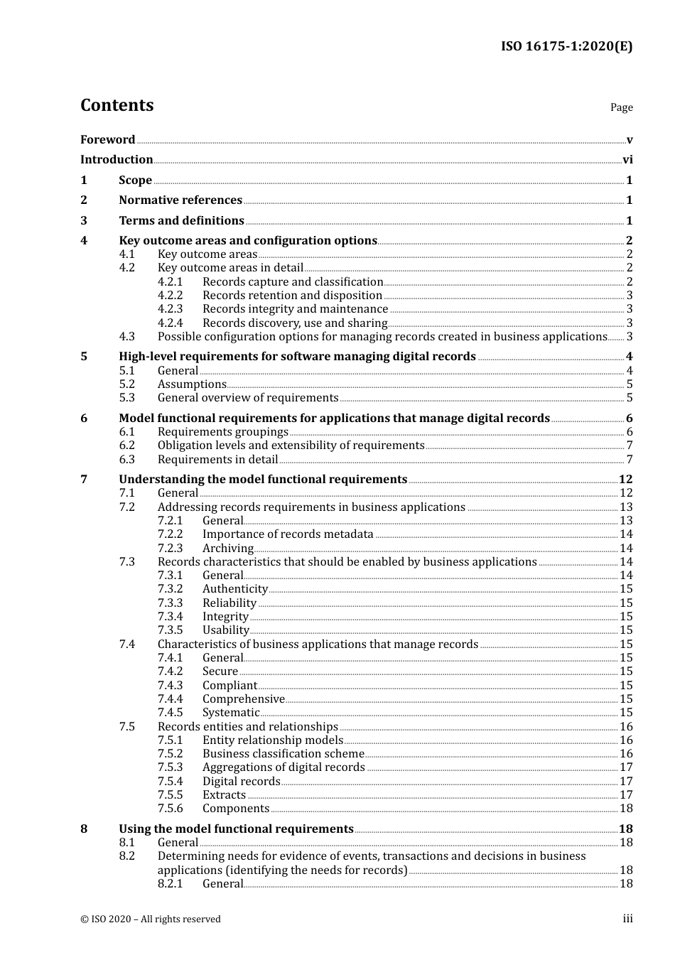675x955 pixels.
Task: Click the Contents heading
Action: tap(117, 105)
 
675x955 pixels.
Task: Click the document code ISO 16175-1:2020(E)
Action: tap(566, 47)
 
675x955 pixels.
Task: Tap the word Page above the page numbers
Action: tap(621, 107)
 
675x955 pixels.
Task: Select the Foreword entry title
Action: tap(107, 140)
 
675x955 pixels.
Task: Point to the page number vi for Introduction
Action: tap(627, 160)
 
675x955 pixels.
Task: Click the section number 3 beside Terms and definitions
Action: tap(84, 221)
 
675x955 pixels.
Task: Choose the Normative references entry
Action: tap(180, 200)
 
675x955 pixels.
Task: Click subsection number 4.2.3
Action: tap(170, 309)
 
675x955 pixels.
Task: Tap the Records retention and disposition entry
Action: tap(292, 296)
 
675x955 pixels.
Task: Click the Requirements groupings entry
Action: tap(222, 432)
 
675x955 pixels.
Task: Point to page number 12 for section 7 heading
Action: tap(625, 480)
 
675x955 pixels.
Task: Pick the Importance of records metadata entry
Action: tap(288, 534)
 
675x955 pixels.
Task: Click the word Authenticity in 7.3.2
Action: tap(234, 589)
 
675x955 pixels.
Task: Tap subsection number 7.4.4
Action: tap(170, 699)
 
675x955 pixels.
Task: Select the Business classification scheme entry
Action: tap(283, 754)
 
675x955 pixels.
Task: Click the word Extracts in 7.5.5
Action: tap(224, 795)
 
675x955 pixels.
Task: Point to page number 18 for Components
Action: tap(626, 809)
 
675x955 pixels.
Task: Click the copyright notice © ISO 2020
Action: tap(150, 919)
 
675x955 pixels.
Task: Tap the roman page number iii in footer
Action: tap(627, 919)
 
